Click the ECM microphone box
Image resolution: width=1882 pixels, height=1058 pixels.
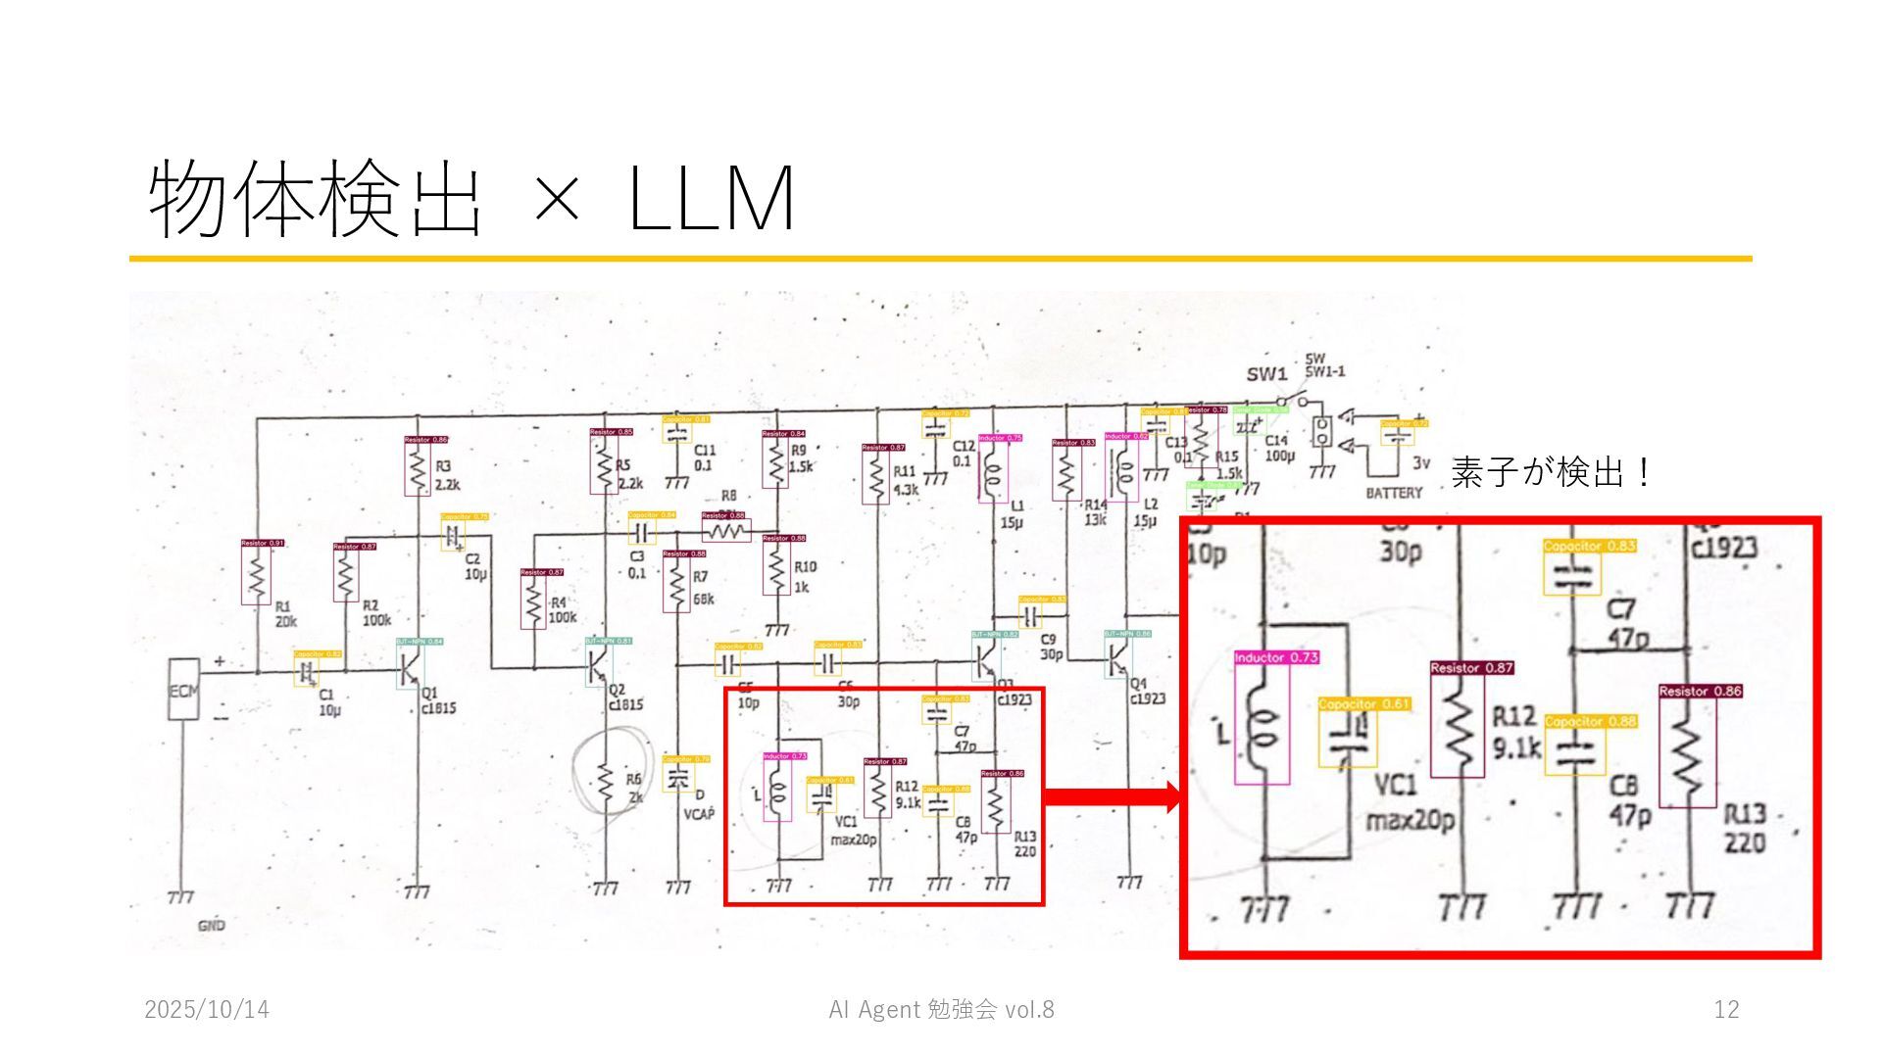click(x=183, y=690)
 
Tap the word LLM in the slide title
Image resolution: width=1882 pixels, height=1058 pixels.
click(x=711, y=199)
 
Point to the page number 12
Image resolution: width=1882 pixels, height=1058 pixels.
click(x=1726, y=1010)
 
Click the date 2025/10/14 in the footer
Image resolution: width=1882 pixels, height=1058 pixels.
click(x=207, y=1010)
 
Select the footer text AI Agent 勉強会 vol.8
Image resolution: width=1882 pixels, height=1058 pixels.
click(x=941, y=1010)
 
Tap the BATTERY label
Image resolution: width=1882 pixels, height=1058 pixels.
click(x=1393, y=493)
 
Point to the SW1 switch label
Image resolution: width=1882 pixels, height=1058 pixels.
click(x=1266, y=374)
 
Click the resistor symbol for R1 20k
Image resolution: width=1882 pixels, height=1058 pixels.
click(x=256, y=576)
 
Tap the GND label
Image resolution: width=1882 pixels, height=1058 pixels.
click(x=212, y=925)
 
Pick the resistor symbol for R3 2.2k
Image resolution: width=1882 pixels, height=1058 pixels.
click(x=418, y=471)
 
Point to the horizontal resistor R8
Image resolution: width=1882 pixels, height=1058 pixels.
click(x=726, y=531)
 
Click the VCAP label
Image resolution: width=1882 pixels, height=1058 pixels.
click(x=698, y=813)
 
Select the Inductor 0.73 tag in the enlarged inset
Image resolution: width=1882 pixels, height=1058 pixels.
click(x=1276, y=658)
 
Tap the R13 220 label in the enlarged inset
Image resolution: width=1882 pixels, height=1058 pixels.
click(x=1745, y=828)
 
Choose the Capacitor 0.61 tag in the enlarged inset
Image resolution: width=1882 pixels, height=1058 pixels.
click(x=1363, y=703)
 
